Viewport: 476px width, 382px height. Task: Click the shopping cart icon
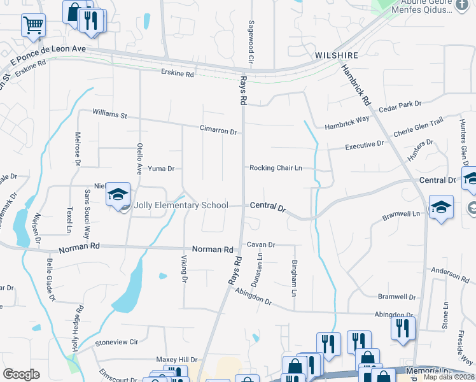(33, 25)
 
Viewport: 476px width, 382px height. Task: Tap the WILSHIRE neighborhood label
(333, 56)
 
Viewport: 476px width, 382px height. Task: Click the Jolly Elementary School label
(181, 206)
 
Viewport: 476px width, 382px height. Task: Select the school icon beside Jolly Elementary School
(118, 194)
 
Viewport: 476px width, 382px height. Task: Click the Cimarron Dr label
(218, 131)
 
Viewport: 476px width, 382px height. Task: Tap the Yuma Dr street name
(161, 169)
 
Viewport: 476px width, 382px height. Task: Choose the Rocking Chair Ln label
(275, 168)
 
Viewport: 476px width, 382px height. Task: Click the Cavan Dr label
(261, 244)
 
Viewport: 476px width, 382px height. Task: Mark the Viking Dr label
(185, 269)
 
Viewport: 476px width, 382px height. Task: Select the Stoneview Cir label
(116, 342)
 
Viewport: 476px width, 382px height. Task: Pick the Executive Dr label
(364, 145)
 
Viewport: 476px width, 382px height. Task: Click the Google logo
(21, 374)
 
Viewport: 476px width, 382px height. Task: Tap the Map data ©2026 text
(449, 377)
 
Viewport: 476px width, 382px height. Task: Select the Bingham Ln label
(294, 272)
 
